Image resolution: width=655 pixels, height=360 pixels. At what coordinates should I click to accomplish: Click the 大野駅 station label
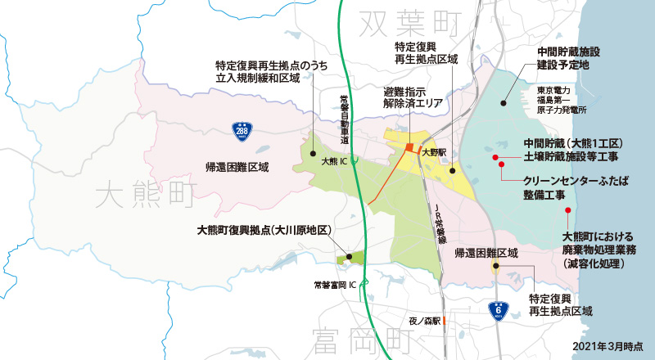click(x=433, y=152)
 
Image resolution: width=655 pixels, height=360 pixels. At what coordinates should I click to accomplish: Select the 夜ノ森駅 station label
click(x=425, y=320)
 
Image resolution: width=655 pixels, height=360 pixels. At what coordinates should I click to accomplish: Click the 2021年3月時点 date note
click(x=608, y=348)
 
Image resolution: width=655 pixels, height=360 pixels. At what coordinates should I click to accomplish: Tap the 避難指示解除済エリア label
click(x=413, y=98)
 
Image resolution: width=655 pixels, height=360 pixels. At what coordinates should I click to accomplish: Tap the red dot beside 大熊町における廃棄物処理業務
click(x=567, y=210)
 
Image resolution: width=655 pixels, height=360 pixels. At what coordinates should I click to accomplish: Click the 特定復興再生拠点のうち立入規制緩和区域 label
click(x=264, y=71)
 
